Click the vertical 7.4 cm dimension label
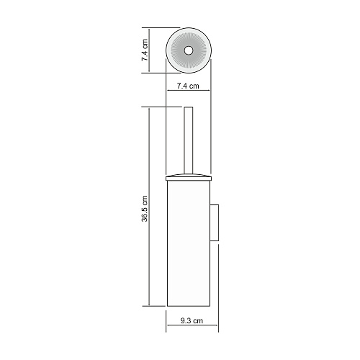coord(145,50)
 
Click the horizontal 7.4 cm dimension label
coord(188,86)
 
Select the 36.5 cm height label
coord(145,209)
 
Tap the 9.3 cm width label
coord(192,320)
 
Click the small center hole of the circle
coord(189,50)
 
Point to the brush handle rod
coord(189,140)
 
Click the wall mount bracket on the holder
coord(215,222)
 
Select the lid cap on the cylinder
coord(189,177)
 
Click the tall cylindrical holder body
coord(189,243)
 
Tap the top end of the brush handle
coord(189,107)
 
